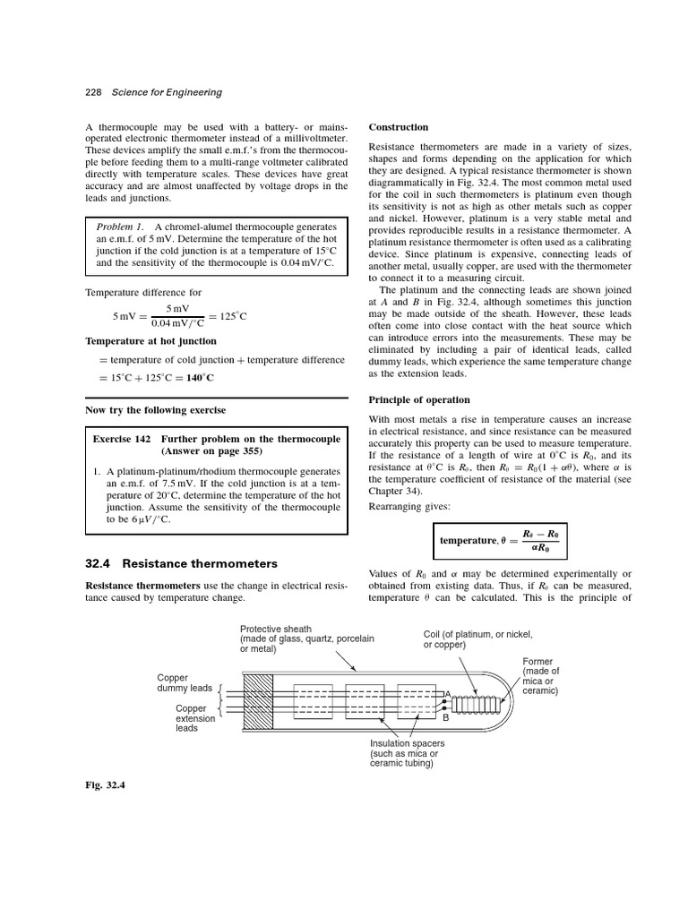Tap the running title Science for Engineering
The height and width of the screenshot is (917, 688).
click(166, 92)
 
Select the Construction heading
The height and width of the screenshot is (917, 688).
click(399, 127)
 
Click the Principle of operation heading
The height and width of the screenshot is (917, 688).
click(418, 399)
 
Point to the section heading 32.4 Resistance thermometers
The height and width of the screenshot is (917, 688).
click(181, 563)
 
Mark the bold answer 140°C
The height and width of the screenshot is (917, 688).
click(201, 378)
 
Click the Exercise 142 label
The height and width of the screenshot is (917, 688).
click(124, 439)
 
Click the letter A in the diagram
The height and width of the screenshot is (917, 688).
click(447, 692)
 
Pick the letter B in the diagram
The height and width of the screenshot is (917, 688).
click(445, 717)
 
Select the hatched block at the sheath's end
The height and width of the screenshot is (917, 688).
click(258, 702)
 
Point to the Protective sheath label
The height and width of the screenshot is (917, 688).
click(276, 630)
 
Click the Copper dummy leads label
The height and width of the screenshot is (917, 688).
click(185, 683)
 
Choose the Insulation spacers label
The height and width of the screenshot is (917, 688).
click(408, 753)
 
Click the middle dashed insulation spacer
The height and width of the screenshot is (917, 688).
click(364, 703)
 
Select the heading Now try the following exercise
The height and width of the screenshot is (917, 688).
click(155, 410)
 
